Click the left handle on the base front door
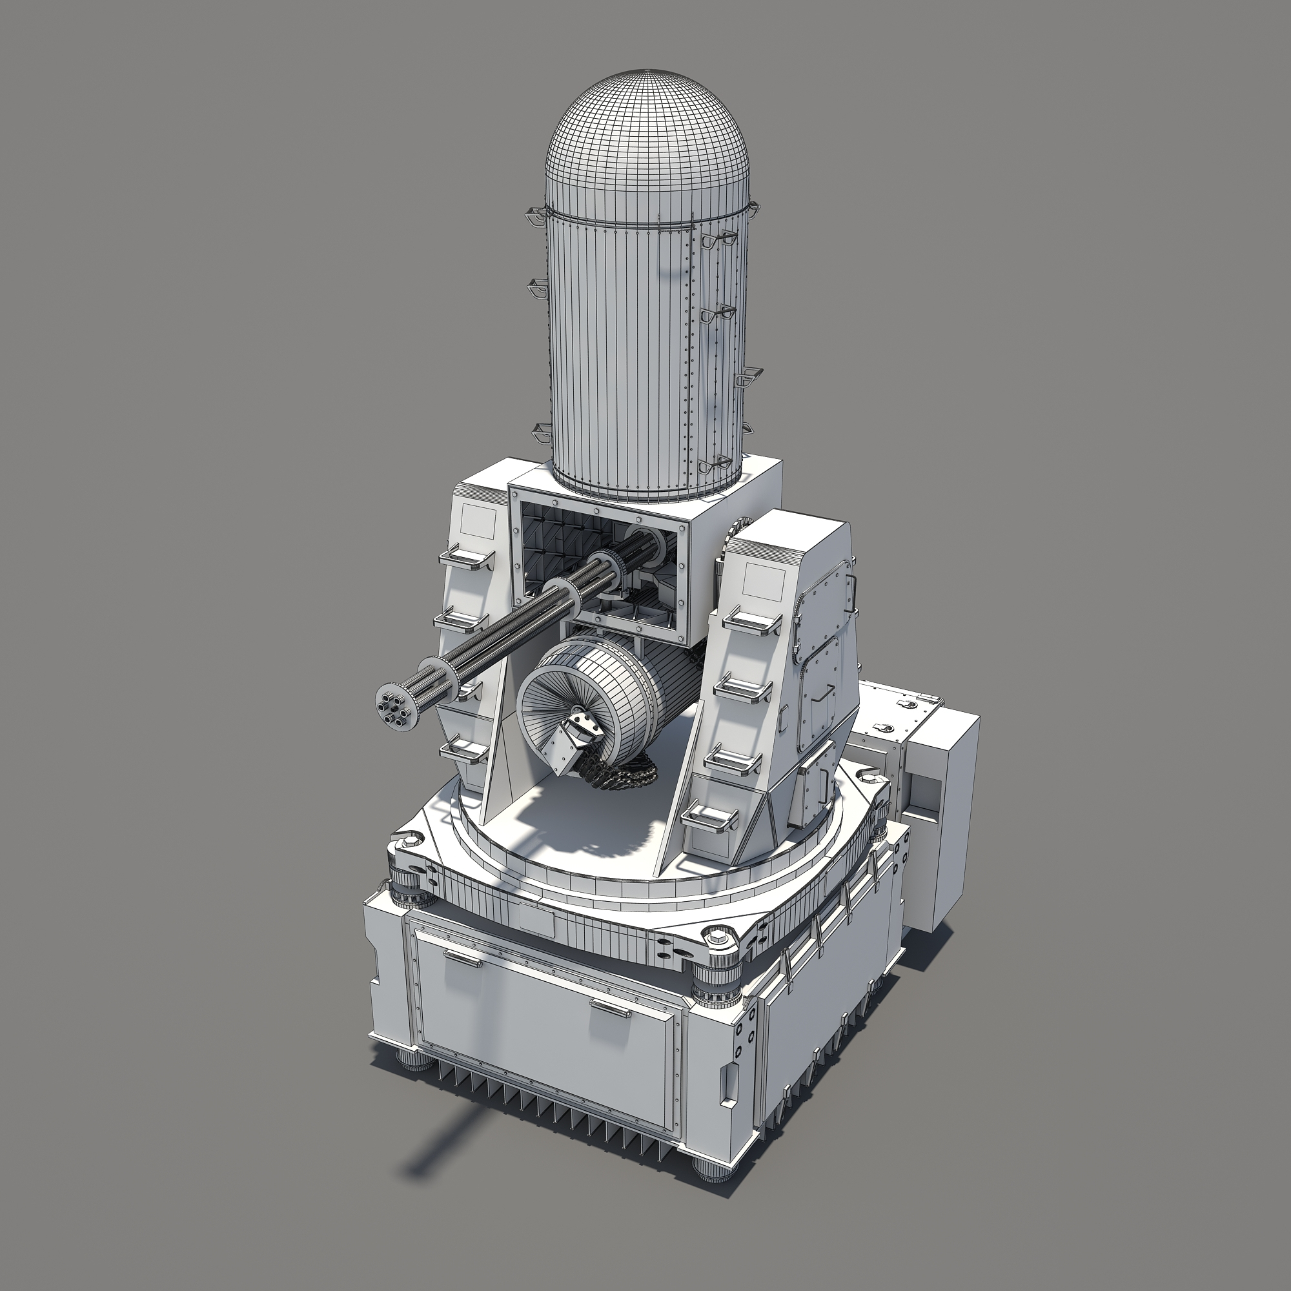tap(462, 959)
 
